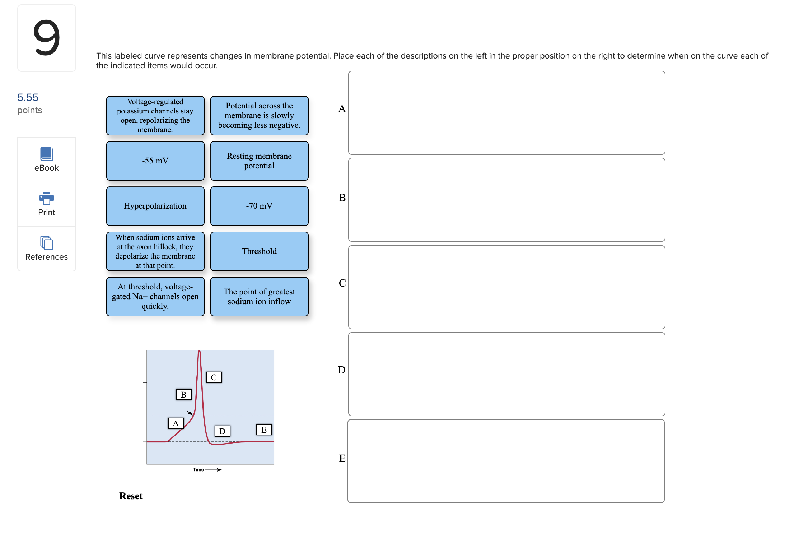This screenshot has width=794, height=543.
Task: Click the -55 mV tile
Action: (155, 161)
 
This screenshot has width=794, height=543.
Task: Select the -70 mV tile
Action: (259, 206)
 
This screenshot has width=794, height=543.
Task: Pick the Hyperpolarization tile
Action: (155, 206)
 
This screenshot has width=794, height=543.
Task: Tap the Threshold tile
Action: (259, 251)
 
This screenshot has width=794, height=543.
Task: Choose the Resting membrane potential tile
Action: (259, 161)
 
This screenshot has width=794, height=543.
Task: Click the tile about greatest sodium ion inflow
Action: (259, 297)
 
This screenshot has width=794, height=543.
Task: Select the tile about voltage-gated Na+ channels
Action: (155, 297)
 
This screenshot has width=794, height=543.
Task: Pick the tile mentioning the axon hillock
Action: (155, 251)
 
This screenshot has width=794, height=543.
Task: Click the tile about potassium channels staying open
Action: (155, 116)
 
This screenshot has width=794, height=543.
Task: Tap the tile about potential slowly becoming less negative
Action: (259, 116)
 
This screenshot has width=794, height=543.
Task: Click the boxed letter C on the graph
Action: (214, 377)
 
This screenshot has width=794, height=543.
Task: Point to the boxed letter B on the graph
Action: (183, 395)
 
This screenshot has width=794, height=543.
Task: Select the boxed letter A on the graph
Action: (176, 423)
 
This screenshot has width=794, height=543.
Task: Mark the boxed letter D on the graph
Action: (222, 431)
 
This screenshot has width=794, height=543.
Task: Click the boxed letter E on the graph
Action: (264, 430)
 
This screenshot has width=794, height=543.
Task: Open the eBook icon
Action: (47, 154)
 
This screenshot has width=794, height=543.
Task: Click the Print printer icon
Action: (47, 198)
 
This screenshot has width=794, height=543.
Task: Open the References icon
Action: (47, 243)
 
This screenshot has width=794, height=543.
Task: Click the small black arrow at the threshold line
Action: (190, 413)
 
